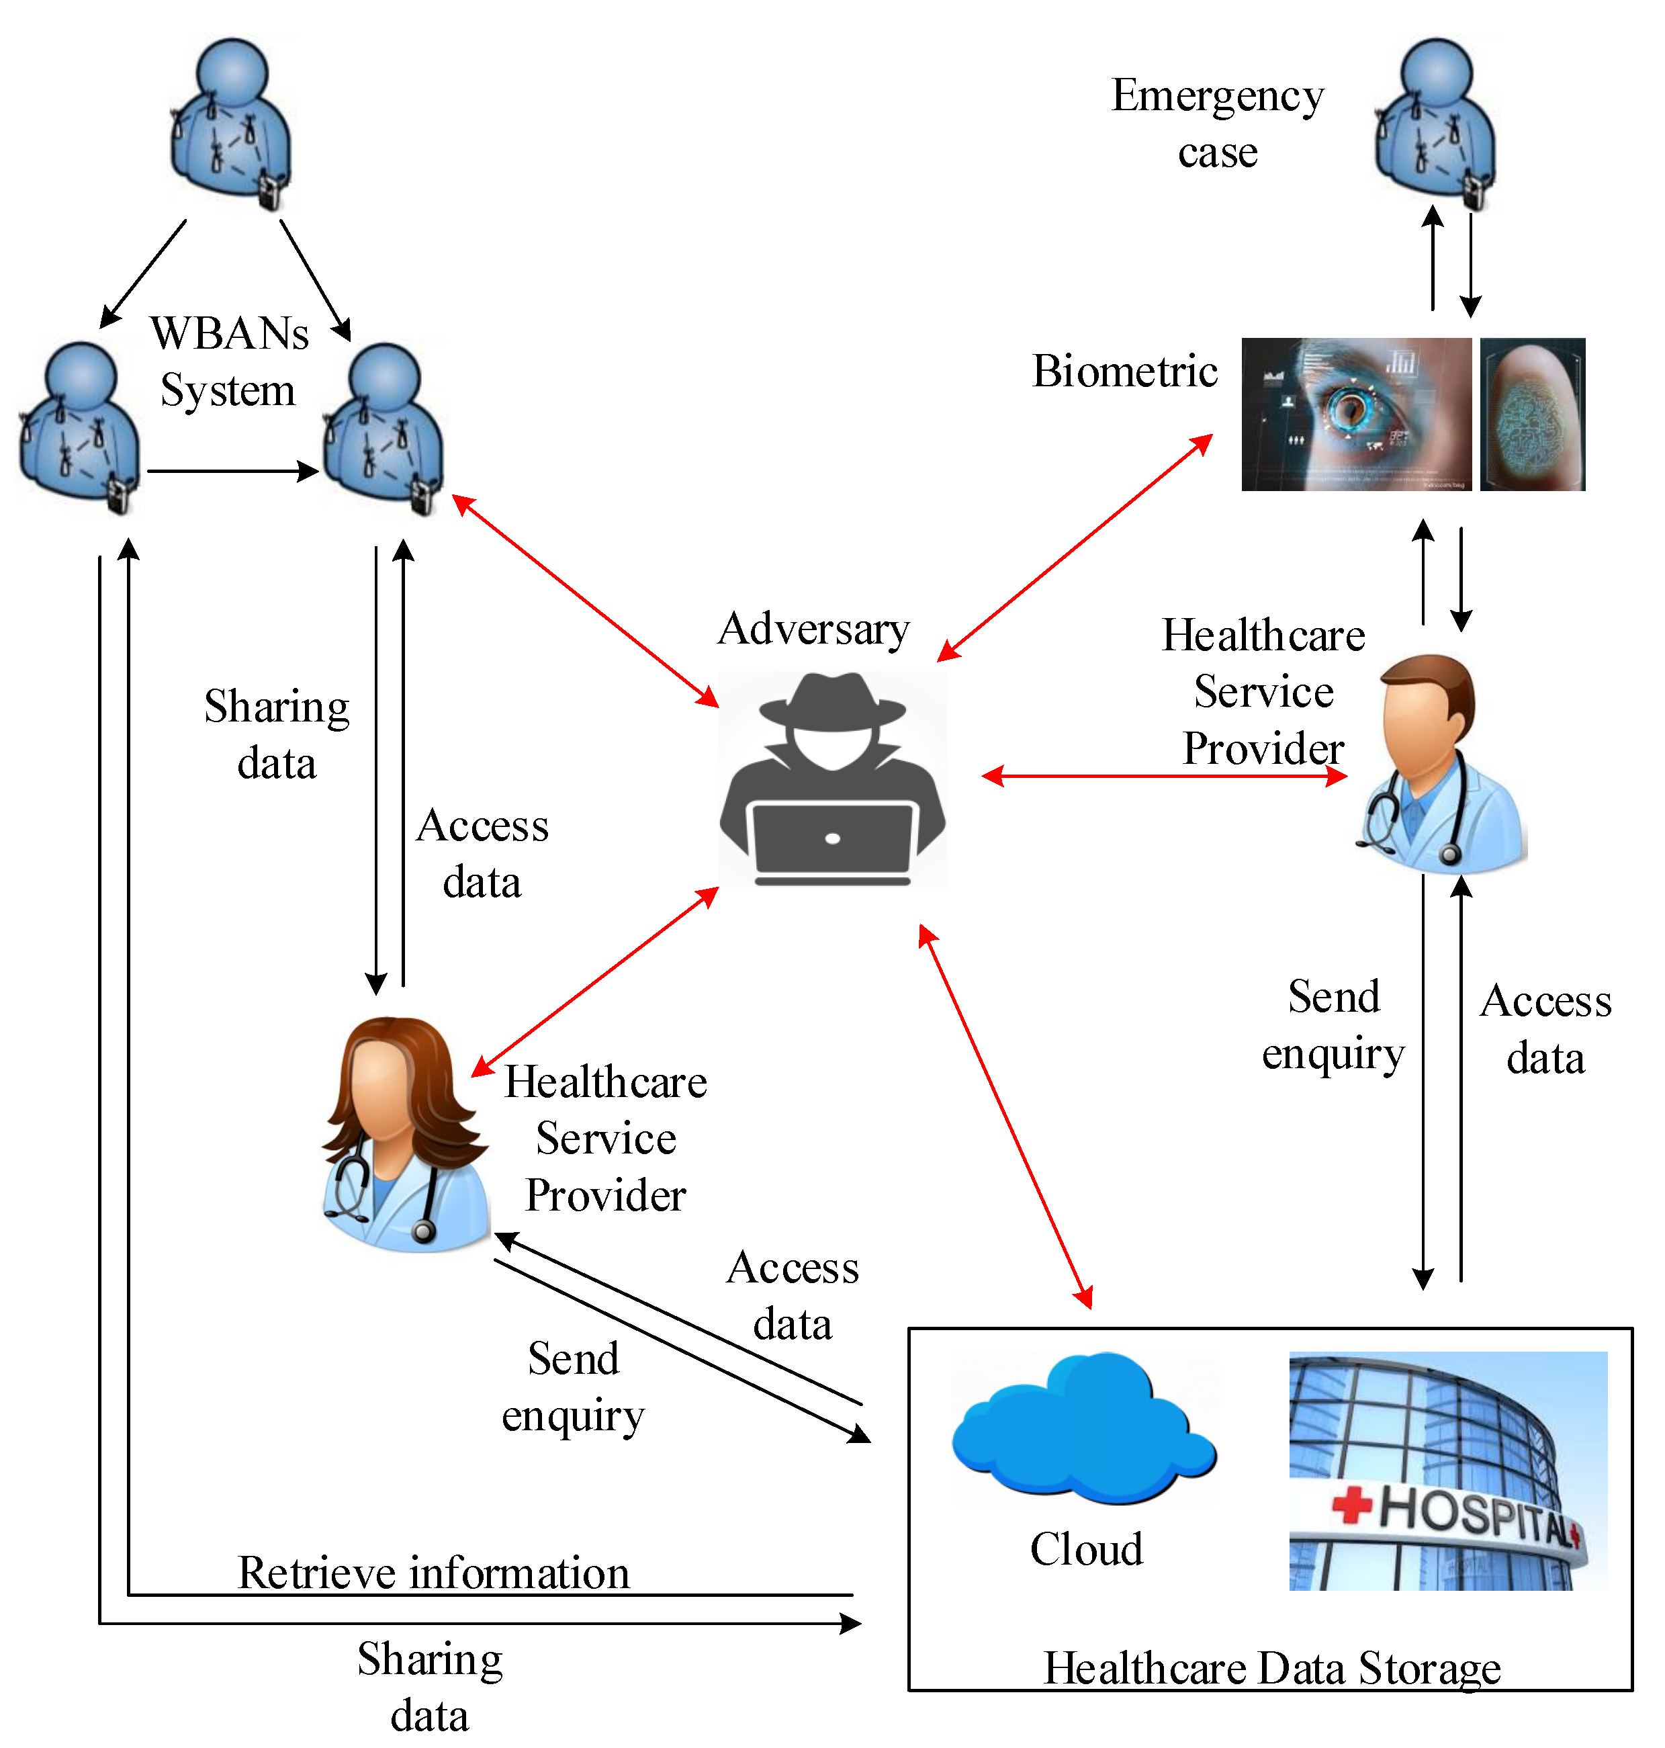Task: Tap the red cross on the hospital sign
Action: [x=1352, y=1505]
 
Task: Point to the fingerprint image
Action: [x=1532, y=414]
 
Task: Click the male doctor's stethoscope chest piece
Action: [x=1450, y=855]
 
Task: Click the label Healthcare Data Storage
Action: [x=1271, y=1668]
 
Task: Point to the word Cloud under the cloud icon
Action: [x=1085, y=1550]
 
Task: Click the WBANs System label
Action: [x=229, y=361]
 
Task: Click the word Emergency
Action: [x=1217, y=96]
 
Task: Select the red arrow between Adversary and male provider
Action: [x=1163, y=776]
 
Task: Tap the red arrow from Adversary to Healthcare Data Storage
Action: [x=1005, y=1117]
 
